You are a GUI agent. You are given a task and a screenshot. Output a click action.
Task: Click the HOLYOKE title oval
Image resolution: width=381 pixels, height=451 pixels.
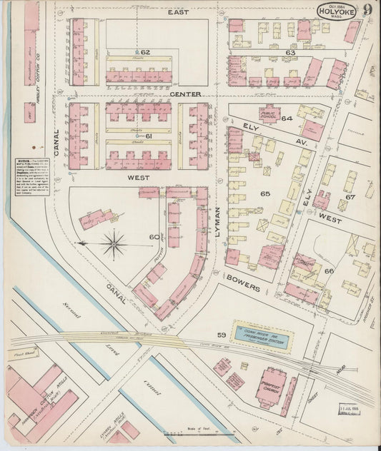pyautogui.click(x=337, y=12)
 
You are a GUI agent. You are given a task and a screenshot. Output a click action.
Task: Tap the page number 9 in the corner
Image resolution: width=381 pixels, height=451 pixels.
pyautogui.click(x=367, y=10)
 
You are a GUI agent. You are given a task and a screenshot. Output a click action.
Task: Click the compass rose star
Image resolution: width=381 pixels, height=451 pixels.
pyautogui.click(x=113, y=244)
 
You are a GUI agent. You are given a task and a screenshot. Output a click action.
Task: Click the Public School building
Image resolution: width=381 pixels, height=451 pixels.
pyautogui.click(x=269, y=116)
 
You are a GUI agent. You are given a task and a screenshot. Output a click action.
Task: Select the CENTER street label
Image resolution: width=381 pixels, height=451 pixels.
pyautogui.click(x=185, y=93)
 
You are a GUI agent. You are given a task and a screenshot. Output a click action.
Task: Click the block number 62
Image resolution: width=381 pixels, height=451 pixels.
pyautogui.click(x=145, y=52)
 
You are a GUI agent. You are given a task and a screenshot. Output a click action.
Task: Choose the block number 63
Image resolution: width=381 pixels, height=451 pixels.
pyautogui.click(x=290, y=52)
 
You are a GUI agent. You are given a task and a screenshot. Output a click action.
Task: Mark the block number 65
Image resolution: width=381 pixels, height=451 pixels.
pyautogui.click(x=265, y=193)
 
